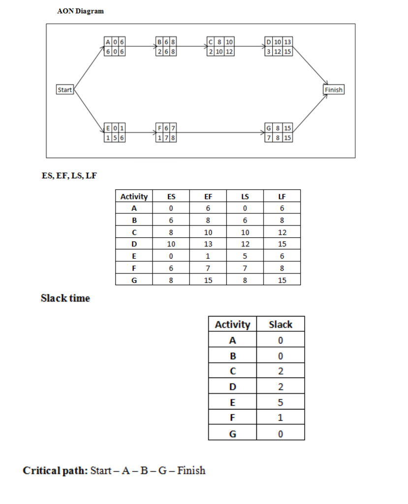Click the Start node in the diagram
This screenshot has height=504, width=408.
pyautogui.click(x=64, y=90)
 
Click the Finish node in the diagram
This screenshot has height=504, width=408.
pyautogui.click(x=333, y=90)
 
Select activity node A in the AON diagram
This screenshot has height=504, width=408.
pyautogui.click(x=115, y=46)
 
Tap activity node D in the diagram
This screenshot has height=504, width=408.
pyautogui.click(x=279, y=46)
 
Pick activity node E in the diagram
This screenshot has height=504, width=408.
pyautogui.click(x=115, y=133)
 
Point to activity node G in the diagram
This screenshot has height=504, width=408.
pyautogui.click(x=279, y=133)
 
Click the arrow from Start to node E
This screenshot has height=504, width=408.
pyautogui.click(x=89, y=111)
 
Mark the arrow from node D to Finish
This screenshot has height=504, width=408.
pyautogui.click(x=310, y=66)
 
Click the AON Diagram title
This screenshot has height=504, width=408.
pyautogui.click(x=81, y=11)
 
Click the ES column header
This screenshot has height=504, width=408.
pyautogui.click(x=171, y=196)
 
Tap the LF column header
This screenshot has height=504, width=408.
pyautogui.click(x=282, y=196)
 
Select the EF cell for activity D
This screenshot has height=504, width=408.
pyautogui.click(x=208, y=244)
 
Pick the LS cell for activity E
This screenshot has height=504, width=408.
pyautogui.click(x=245, y=256)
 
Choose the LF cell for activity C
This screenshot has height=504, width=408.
pyautogui.click(x=282, y=232)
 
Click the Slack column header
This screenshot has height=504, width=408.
pyautogui.click(x=281, y=324)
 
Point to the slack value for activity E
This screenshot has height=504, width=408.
pyautogui.click(x=281, y=403)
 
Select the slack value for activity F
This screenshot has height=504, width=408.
pyautogui.click(x=281, y=418)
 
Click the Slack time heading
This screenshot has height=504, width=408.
pyautogui.click(x=65, y=298)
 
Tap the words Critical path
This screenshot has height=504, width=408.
pyautogui.click(x=55, y=471)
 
